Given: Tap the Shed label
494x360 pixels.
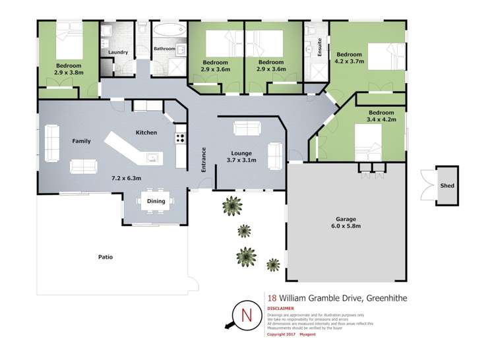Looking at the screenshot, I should [447, 186].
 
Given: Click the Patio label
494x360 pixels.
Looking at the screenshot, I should [105, 257].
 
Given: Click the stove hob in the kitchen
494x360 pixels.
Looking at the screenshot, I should [179, 138].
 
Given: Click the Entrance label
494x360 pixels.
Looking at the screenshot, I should [204, 159].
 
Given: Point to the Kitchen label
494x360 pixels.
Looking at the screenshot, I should [146, 133].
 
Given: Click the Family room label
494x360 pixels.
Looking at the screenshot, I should [81, 141].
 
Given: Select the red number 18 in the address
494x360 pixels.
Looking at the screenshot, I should [272, 298].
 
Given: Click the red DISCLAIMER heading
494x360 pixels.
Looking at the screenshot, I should [280, 308].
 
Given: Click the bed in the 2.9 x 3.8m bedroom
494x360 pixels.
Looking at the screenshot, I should [69, 40].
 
